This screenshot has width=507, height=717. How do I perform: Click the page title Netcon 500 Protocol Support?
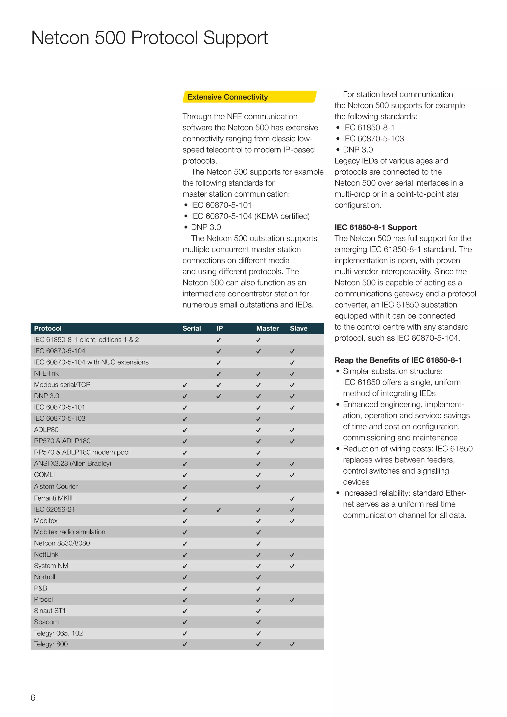click(x=150, y=38)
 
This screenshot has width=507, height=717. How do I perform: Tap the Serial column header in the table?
click(x=191, y=328)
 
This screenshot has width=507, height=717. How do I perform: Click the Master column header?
click(x=267, y=328)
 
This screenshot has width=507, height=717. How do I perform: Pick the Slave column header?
click(x=299, y=328)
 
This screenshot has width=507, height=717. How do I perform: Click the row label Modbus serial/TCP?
click(x=62, y=384)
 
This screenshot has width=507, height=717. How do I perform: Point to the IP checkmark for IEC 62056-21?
click(x=219, y=510)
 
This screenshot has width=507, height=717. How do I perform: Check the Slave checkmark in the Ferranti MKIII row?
click(x=292, y=498)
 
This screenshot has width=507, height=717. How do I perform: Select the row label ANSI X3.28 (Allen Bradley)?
click(x=73, y=463)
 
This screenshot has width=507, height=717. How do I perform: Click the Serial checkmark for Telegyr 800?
click(x=185, y=644)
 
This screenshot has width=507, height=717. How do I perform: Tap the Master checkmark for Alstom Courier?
click(x=258, y=487)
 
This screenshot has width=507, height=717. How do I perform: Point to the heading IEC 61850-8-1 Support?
click(x=376, y=227)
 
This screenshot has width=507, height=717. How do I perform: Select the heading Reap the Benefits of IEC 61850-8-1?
click(x=398, y=360)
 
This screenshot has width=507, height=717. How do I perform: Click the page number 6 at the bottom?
click(x=33, y=698)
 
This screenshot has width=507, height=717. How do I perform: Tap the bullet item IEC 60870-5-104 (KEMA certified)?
click(x=250, y=216)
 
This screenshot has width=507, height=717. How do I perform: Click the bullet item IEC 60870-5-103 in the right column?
click(x=373, y=139)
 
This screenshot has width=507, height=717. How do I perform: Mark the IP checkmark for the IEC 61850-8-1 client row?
click(x=219, y=340)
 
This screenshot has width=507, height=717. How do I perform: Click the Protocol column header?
click(x=48, y=328)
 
